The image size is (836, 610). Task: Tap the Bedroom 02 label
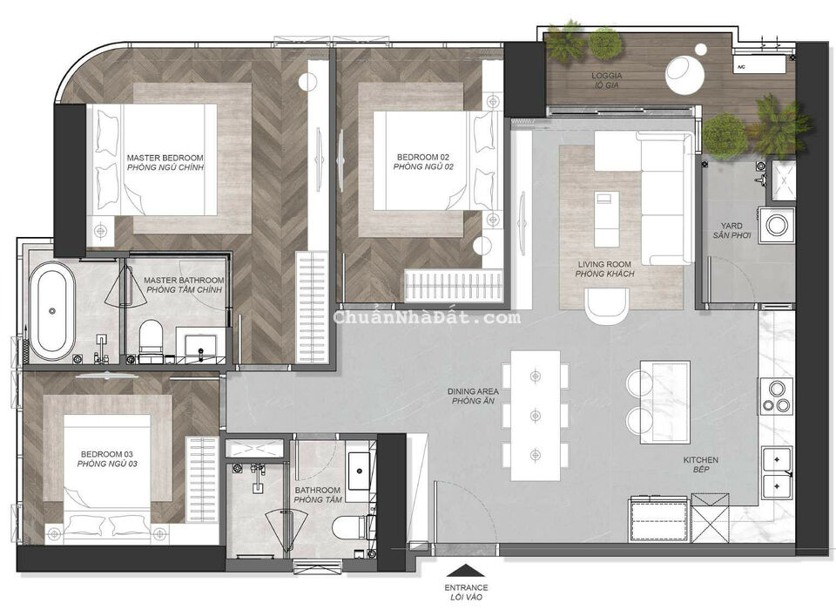click(423, 160)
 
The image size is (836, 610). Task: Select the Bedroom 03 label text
click(108, 458)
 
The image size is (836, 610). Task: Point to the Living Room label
click(604, 268)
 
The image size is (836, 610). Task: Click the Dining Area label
click(473, 396)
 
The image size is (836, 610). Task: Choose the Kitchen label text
click(701, 464)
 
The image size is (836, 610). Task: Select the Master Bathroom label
click(184, 284)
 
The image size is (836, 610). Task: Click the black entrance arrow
click(463, 573)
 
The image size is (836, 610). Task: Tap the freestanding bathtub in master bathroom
click(52, 310)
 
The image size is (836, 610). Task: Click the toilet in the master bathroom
click(152, 336)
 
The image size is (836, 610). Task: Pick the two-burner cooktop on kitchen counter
click(776, 396)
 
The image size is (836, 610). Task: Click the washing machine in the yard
click(775, 225)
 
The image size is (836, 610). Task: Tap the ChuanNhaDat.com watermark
click(427, 317)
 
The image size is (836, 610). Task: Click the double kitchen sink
click(776, 471)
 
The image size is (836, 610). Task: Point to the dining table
click(535, 415)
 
